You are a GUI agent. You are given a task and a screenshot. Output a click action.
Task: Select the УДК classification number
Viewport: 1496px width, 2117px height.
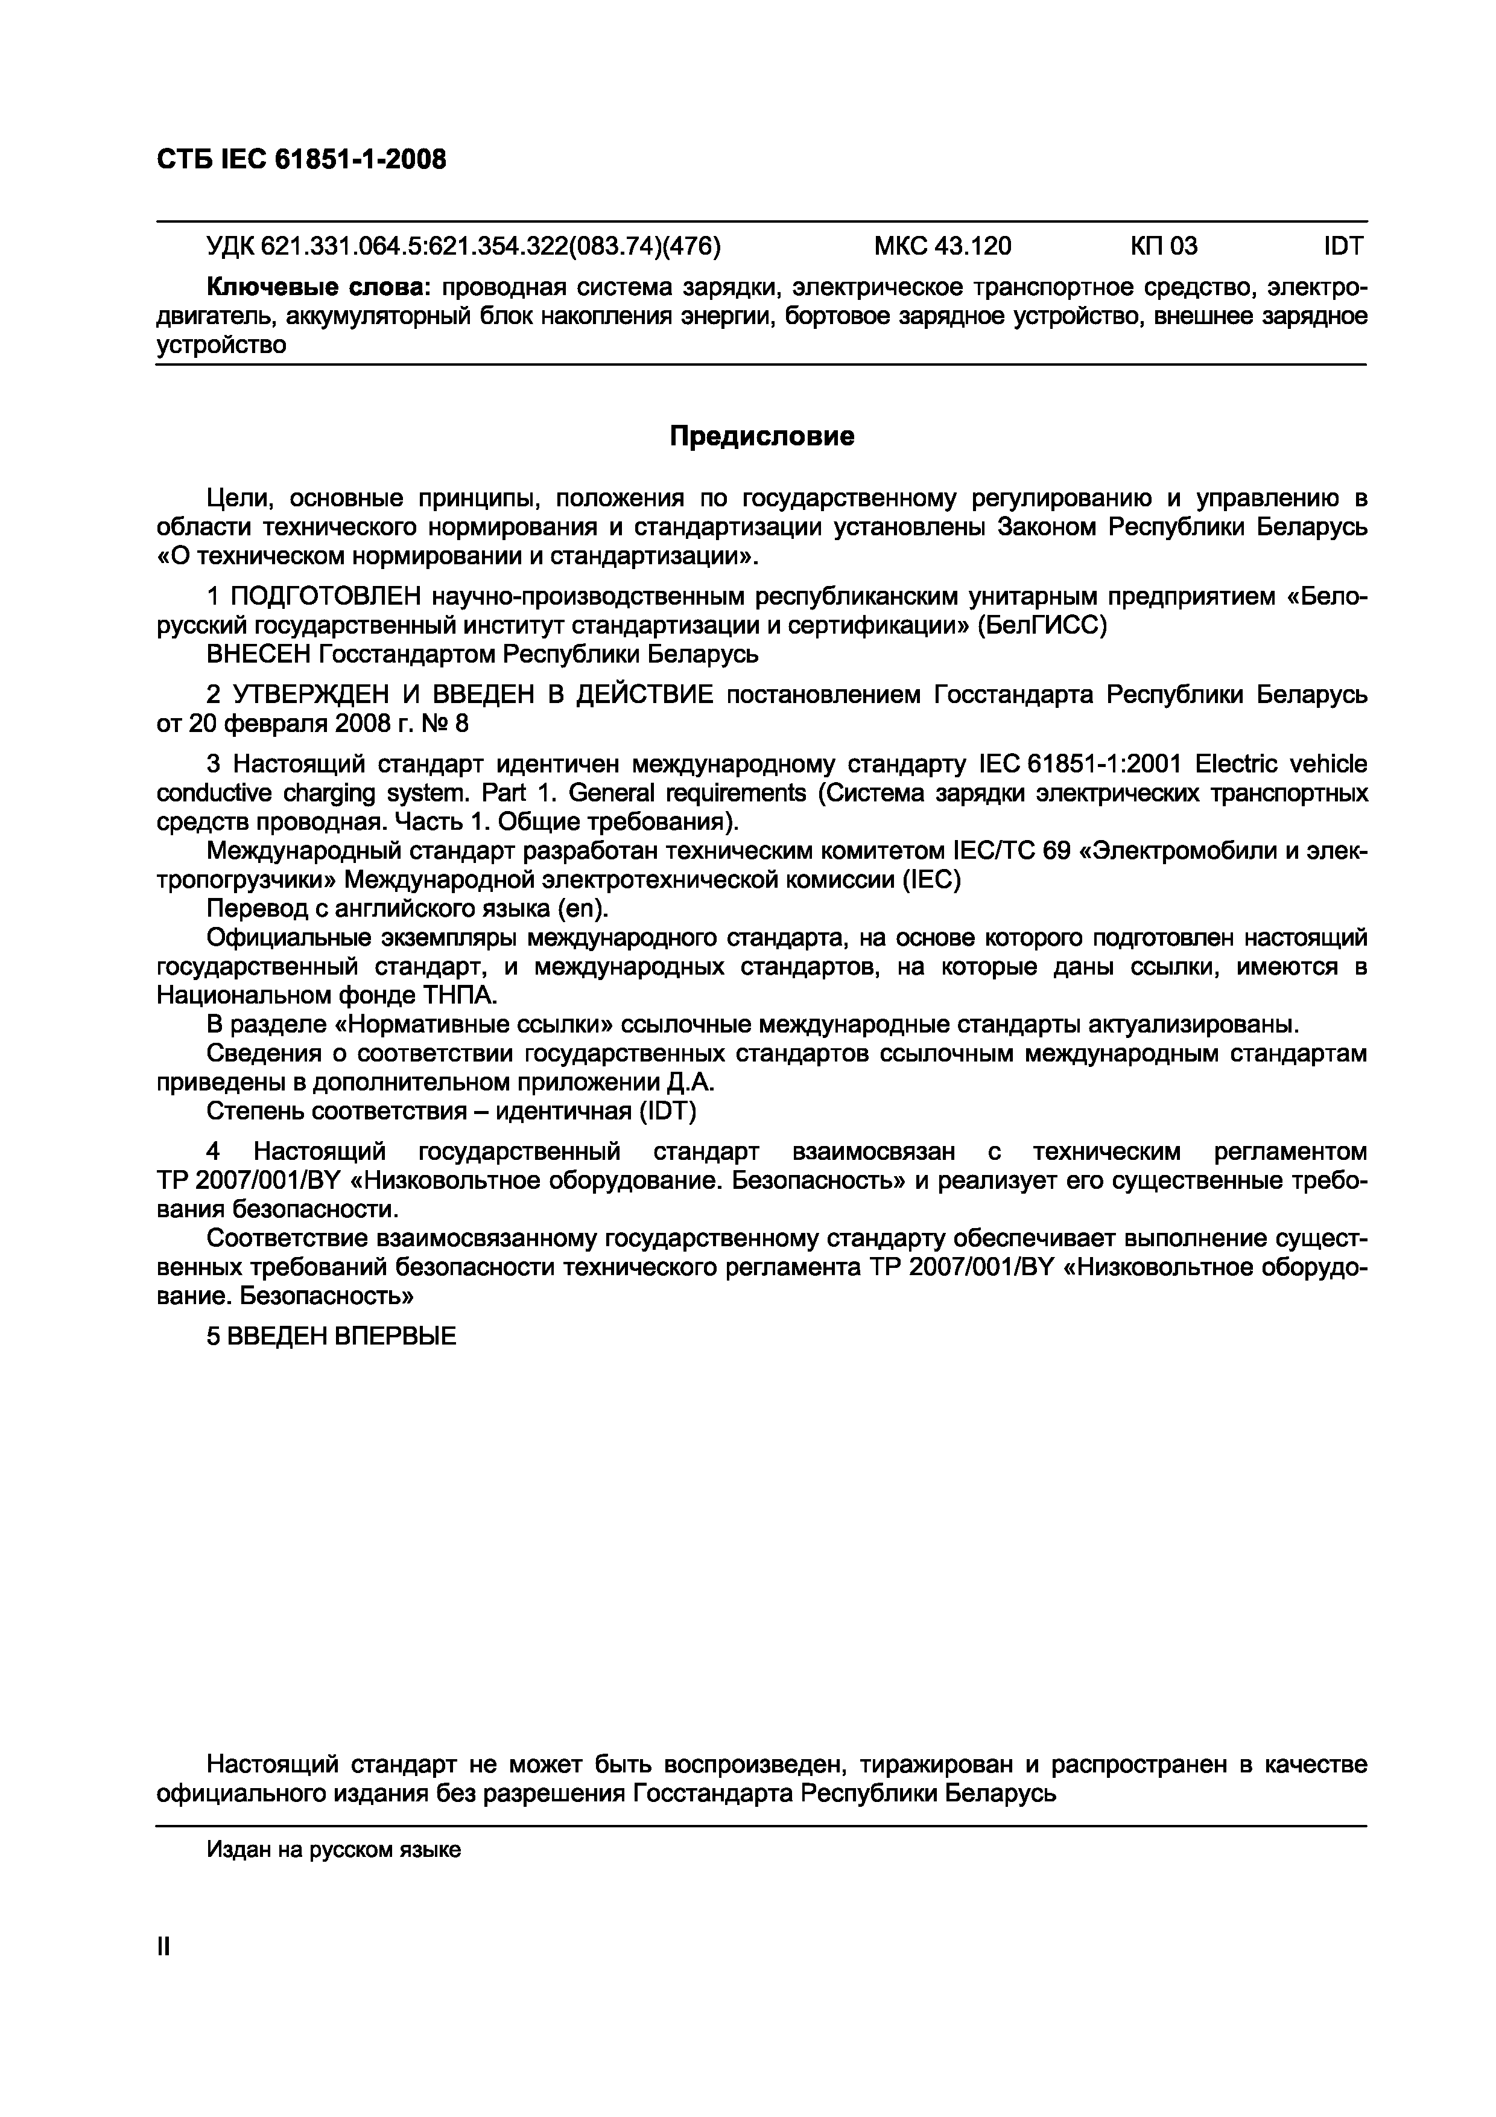tap(463, 246)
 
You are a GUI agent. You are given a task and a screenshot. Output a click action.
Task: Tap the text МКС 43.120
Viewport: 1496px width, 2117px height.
tap(942, 246)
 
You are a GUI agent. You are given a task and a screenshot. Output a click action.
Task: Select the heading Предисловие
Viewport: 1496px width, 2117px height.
tap(761, 436)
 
